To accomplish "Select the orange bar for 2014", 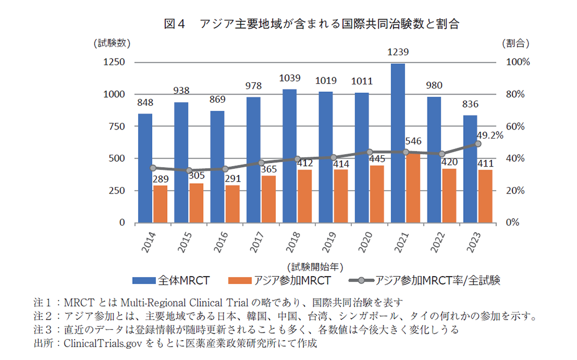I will pyautogui.click(x=160, y=204).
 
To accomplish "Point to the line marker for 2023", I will pyautogui.click(x=478, y=144).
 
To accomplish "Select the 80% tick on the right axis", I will pyautogui.click(x=518, y=94).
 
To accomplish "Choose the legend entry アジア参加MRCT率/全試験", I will pyautogui.click(x=437, y=280).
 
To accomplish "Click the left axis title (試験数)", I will pyautogui.click(x=111, y=42).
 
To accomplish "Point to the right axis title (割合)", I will pyautogui.click(x=516, y=42).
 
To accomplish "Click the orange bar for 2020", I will pyautogui.click(x=377, y=194).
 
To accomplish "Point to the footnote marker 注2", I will pyautogui.click(x=42, y=315).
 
